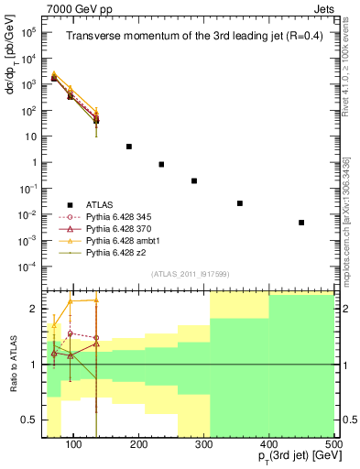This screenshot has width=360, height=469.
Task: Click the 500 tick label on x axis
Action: click(333, 444)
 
